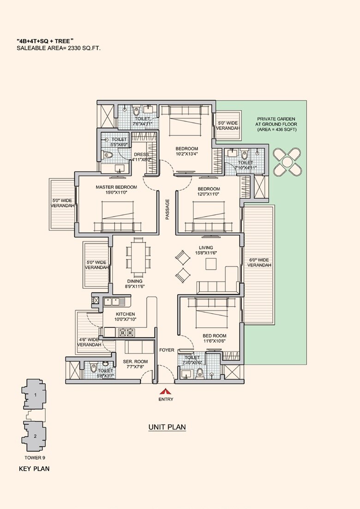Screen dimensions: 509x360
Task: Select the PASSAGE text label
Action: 168,209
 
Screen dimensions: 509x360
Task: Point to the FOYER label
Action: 167,350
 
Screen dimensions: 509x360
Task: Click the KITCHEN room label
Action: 125,314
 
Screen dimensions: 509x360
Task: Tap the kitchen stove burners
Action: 127,332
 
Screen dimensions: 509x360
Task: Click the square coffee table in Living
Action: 210,264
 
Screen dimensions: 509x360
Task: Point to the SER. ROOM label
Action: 135,362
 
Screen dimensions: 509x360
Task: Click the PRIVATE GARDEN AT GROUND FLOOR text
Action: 277,124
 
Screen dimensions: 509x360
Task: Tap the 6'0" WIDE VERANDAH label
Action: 258,263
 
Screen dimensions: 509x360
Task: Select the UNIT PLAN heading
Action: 167,427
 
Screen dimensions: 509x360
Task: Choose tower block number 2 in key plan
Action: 35,436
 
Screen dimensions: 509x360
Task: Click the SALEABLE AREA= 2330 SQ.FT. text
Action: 59,48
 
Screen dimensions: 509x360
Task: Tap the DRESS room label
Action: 141,155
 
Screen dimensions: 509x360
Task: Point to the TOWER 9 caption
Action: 35,458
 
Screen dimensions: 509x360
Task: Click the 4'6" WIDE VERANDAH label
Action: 89,342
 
